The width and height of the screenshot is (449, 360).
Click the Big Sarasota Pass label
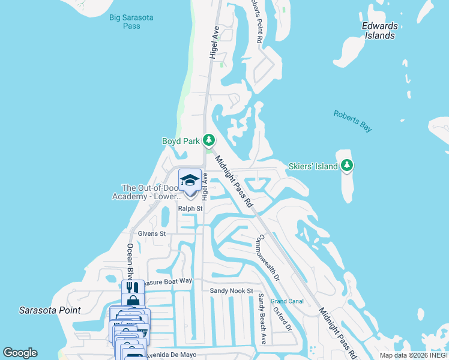coord(131,22)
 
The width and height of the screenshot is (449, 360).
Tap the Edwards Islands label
coord(379,31)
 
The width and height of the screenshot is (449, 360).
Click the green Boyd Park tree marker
coord(208,140)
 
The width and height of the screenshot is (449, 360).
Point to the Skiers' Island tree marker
coord(347,165)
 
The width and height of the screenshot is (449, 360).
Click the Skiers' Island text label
coord(313,166)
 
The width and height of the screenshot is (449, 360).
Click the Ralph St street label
coord(190,209)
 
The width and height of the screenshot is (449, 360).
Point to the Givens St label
coord(151,233)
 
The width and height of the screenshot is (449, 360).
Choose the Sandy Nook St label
coord(232,290)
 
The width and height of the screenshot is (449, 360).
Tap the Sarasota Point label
coord(50,310)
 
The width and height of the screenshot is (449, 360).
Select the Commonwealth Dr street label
coord(268,257)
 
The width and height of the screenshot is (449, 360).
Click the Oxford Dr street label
coord(282,320)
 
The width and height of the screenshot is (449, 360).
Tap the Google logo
coord(20,353)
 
